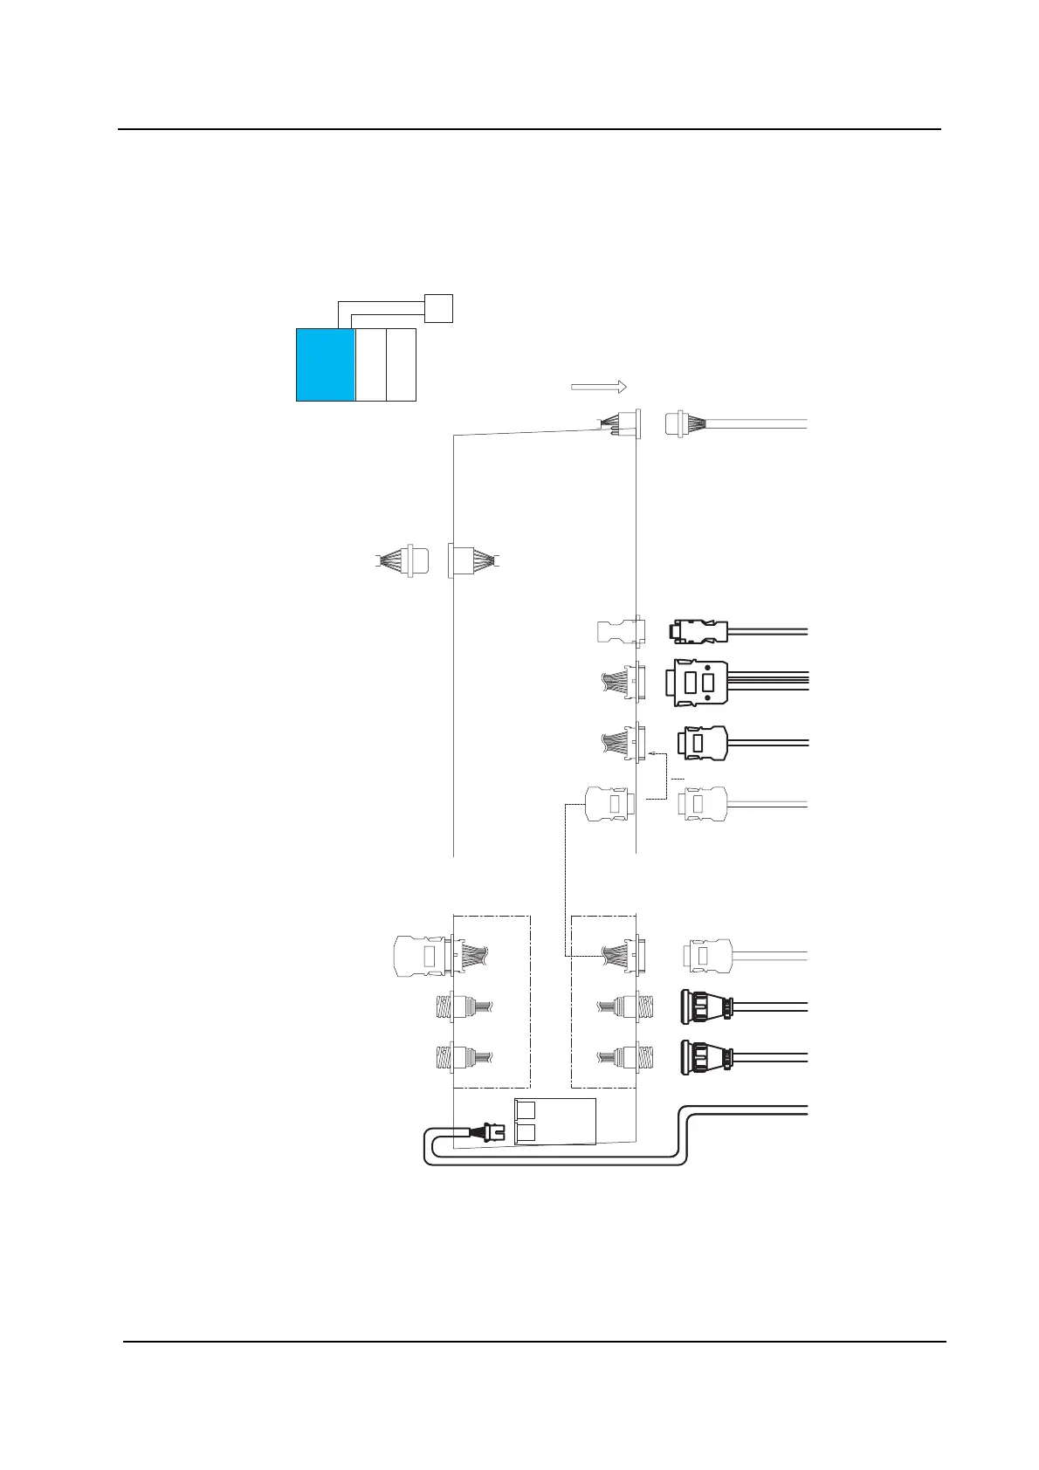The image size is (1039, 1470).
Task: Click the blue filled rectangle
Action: click(x=326, y=365)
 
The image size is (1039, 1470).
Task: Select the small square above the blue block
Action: click(x=438, y=308)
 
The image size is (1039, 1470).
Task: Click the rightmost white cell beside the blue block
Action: click(x=401, y=365)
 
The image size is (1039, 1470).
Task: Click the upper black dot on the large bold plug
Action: click(x=707, y=667)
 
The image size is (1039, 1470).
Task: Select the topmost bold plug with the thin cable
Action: click(x=698, y=630)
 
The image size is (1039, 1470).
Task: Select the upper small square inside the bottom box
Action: click(x=526, y=1110)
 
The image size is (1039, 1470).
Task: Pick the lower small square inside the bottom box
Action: click(x=526, y=1133)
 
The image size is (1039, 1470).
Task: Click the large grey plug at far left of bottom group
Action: click(x=419, y=955)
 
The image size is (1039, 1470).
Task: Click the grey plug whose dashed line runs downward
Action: click(x=603, y=805)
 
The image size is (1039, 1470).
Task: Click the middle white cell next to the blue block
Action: click(x=371, y=365)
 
